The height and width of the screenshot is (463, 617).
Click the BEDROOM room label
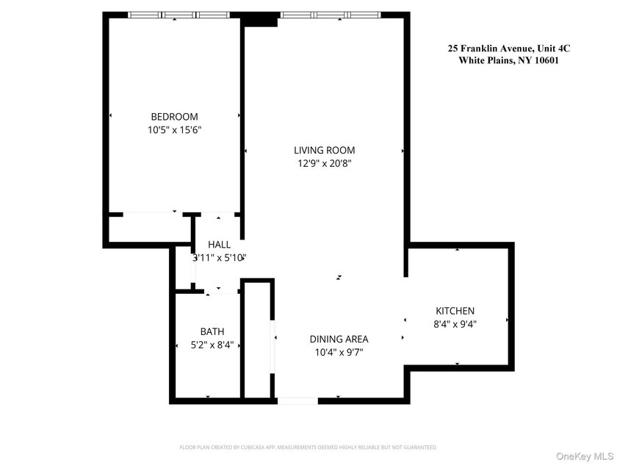[174, 117]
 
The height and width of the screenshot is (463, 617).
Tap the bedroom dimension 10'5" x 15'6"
[174, 130]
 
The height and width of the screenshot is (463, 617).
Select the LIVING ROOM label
[324, 151]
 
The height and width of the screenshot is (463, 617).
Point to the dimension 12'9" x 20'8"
[324, 164]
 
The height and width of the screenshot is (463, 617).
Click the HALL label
[219, 245]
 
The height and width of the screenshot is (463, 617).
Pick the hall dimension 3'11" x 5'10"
[219, 258]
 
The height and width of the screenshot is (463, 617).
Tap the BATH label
[212, 331]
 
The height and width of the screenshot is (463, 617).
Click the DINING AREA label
[339, 339]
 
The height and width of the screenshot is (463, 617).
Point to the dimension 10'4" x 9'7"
[339, 352]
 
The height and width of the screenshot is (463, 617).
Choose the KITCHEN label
[455, 311]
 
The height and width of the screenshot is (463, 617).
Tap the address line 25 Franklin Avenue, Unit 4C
[509, 49]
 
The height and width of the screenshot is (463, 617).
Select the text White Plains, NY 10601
[509, 61]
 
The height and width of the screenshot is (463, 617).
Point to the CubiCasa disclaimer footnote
[308, 447]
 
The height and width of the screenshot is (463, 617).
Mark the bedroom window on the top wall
[175, 15]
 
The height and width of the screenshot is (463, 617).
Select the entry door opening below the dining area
[297, 401]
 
